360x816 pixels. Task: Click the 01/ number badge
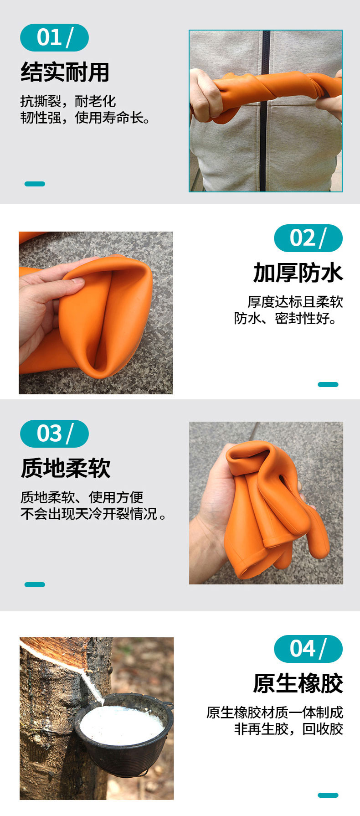point(54,37)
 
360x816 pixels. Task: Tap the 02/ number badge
point(308,238)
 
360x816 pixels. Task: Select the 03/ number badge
point(54,434)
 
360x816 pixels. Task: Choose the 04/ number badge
point(308,649)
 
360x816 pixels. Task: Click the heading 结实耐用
point(65,72)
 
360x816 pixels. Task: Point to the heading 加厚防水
point(298,273)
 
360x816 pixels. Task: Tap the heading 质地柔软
point(66,468)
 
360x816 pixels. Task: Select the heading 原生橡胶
point(298,683)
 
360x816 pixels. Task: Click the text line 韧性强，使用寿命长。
point(85,118)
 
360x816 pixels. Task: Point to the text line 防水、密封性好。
point(286,318)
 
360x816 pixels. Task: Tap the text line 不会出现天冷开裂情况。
point(94,514)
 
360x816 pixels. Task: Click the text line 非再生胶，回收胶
point(288,729)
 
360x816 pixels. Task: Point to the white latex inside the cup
point(122,724)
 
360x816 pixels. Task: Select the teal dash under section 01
point(35,184)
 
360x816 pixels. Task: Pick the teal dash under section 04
point(328,795)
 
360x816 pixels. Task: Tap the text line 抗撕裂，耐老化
point(68,101)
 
